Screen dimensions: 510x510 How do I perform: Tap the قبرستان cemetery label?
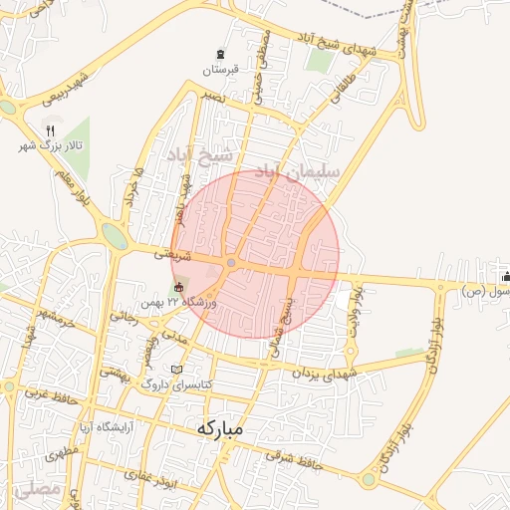pos(221,70)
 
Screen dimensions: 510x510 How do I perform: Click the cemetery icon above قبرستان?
pos(221,53)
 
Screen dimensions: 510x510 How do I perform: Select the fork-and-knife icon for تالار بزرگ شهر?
pos(51,130)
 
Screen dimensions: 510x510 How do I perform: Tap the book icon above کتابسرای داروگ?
pos(177,369)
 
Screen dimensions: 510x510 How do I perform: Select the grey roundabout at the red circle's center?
pos(231,263)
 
